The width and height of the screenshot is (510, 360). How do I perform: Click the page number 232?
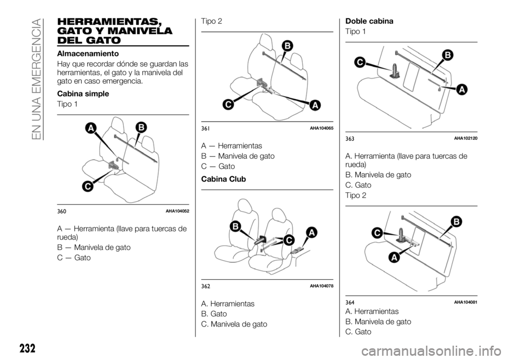pyautogui.click(x=26, y=348)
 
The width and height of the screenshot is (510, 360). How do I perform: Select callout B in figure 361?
pyautogui.click(x=287, y=46)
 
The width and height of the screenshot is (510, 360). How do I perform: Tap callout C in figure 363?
pyautogui.click(x=359, y=62)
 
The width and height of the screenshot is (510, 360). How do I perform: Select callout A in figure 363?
pyautogui.click(x=462, y=90)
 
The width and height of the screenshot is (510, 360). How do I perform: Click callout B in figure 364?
pyautogui.click(x=455, y=221)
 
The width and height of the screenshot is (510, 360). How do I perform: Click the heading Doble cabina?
pyautogui.click(x=369, y=21)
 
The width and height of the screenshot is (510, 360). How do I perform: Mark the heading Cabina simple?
pyautogui.click(x=83, y=93)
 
